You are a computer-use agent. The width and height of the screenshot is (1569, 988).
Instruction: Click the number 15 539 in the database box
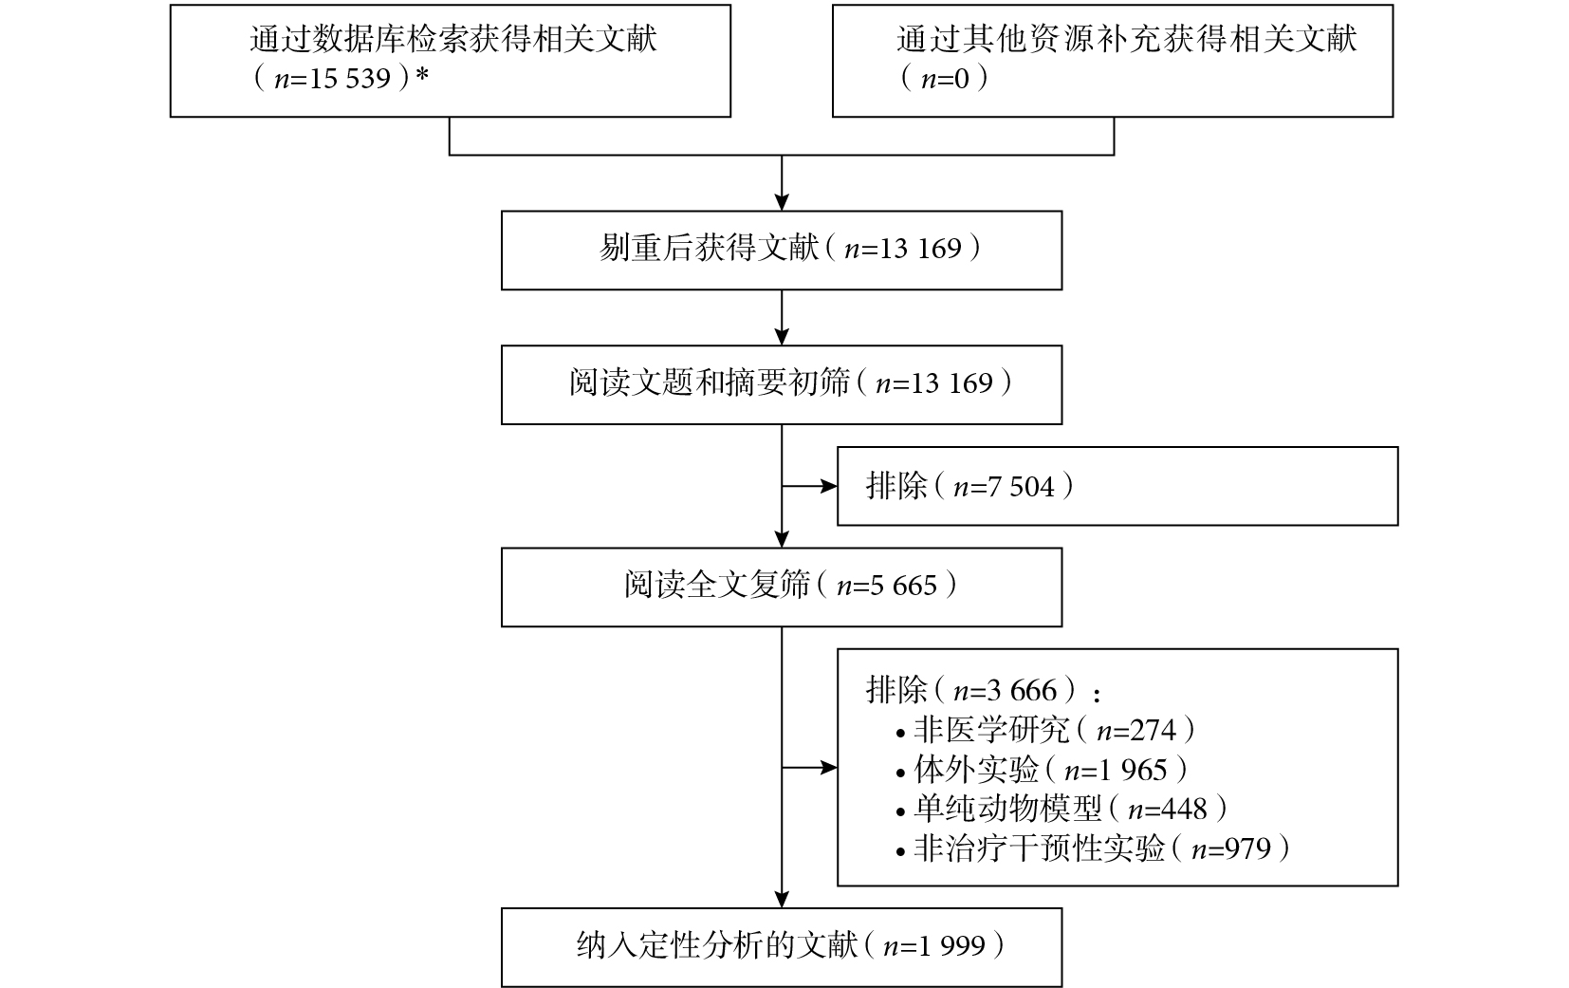point(349,79)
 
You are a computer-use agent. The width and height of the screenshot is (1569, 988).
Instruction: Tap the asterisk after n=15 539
point(422,74)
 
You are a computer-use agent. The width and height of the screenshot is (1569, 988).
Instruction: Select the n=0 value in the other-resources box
point(945,79)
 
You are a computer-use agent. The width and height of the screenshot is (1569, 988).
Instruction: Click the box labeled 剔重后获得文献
point(782,251)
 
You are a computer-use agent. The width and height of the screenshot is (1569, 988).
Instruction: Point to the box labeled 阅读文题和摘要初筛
point(782,384)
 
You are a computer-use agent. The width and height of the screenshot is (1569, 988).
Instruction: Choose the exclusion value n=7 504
point(1004,486)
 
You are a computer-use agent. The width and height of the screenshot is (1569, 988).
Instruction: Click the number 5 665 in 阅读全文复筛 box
point(903,586)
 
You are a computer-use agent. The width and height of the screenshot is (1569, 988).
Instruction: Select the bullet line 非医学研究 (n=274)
point(1045,731)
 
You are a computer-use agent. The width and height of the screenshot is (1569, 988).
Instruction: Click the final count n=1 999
point(934,946)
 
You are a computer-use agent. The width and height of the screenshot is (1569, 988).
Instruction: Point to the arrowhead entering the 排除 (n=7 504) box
point(829,486)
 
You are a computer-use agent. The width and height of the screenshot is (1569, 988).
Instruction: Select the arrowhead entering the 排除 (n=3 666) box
point(829,768)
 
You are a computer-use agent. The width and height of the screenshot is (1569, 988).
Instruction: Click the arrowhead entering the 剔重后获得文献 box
point(782,202)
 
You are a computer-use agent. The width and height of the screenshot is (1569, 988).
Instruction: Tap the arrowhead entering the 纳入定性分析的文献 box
point(782,901)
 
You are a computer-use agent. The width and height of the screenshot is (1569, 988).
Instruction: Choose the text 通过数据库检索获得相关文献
point(453,39)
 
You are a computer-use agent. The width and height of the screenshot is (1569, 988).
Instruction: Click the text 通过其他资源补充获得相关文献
point(1127,39)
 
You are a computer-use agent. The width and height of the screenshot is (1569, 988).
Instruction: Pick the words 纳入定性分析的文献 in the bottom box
point(717,946)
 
